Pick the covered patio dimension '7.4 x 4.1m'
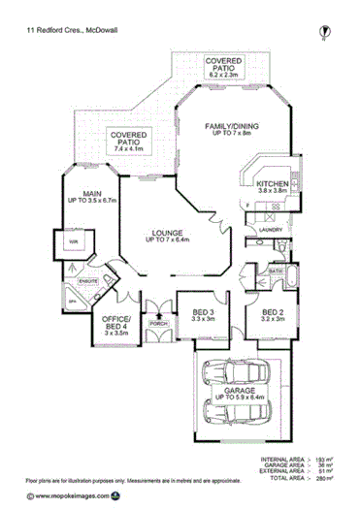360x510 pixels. [x=127, y=148]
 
